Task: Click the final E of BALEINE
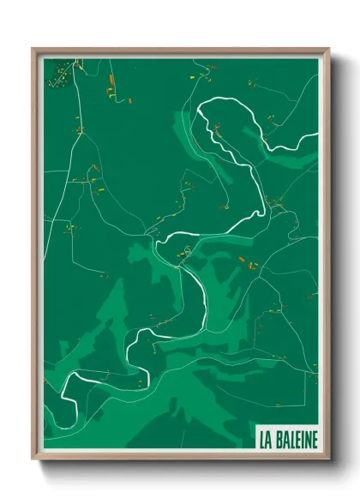[x=313, y=439]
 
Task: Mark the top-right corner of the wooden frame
[x=328, y=49]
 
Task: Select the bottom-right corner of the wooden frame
[x=328, y=460]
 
